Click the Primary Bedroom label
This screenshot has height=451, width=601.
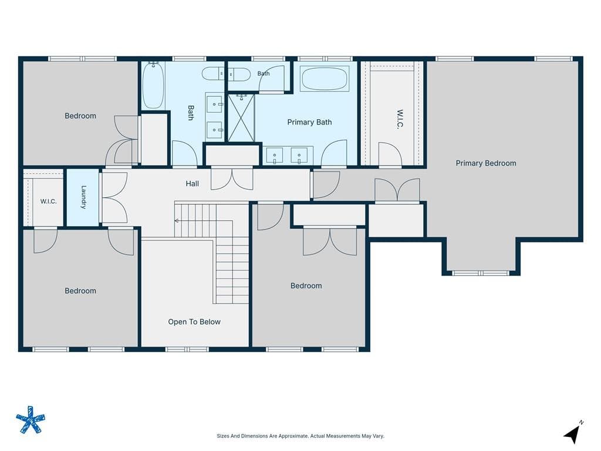[485, 163]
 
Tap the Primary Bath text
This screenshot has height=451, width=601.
[309, 122]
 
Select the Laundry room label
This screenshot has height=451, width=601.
[83, 197]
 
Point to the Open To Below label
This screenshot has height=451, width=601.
[194, 322]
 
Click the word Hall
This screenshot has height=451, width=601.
[192, 184]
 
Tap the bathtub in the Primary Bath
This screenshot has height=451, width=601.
[324, 79]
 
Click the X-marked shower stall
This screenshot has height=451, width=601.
[241, 118]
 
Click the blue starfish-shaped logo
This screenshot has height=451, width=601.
[31, 420]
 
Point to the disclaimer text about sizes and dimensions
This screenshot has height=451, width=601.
[300, 436]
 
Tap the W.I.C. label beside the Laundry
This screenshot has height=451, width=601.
[48, 201]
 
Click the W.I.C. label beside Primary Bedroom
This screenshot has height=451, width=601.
[400, 119]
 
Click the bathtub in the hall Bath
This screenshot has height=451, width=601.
[153, 85]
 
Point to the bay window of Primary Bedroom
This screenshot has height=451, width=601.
[481, 274]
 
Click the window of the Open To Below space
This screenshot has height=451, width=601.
[187, 349]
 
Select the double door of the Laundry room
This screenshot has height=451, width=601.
[114, 198]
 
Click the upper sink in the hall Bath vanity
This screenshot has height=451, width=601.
[214, 105]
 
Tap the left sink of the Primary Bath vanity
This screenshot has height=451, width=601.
[275, 156]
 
